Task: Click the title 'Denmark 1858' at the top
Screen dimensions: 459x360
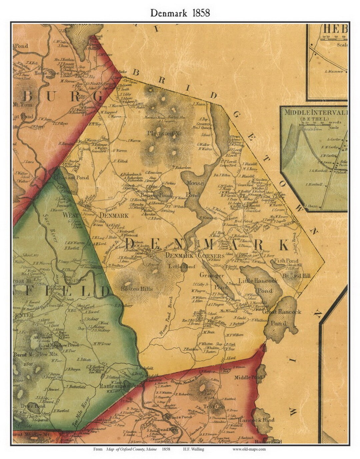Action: [x=180, y=13]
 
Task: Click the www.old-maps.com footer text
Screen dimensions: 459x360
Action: [x=249, y=449]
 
